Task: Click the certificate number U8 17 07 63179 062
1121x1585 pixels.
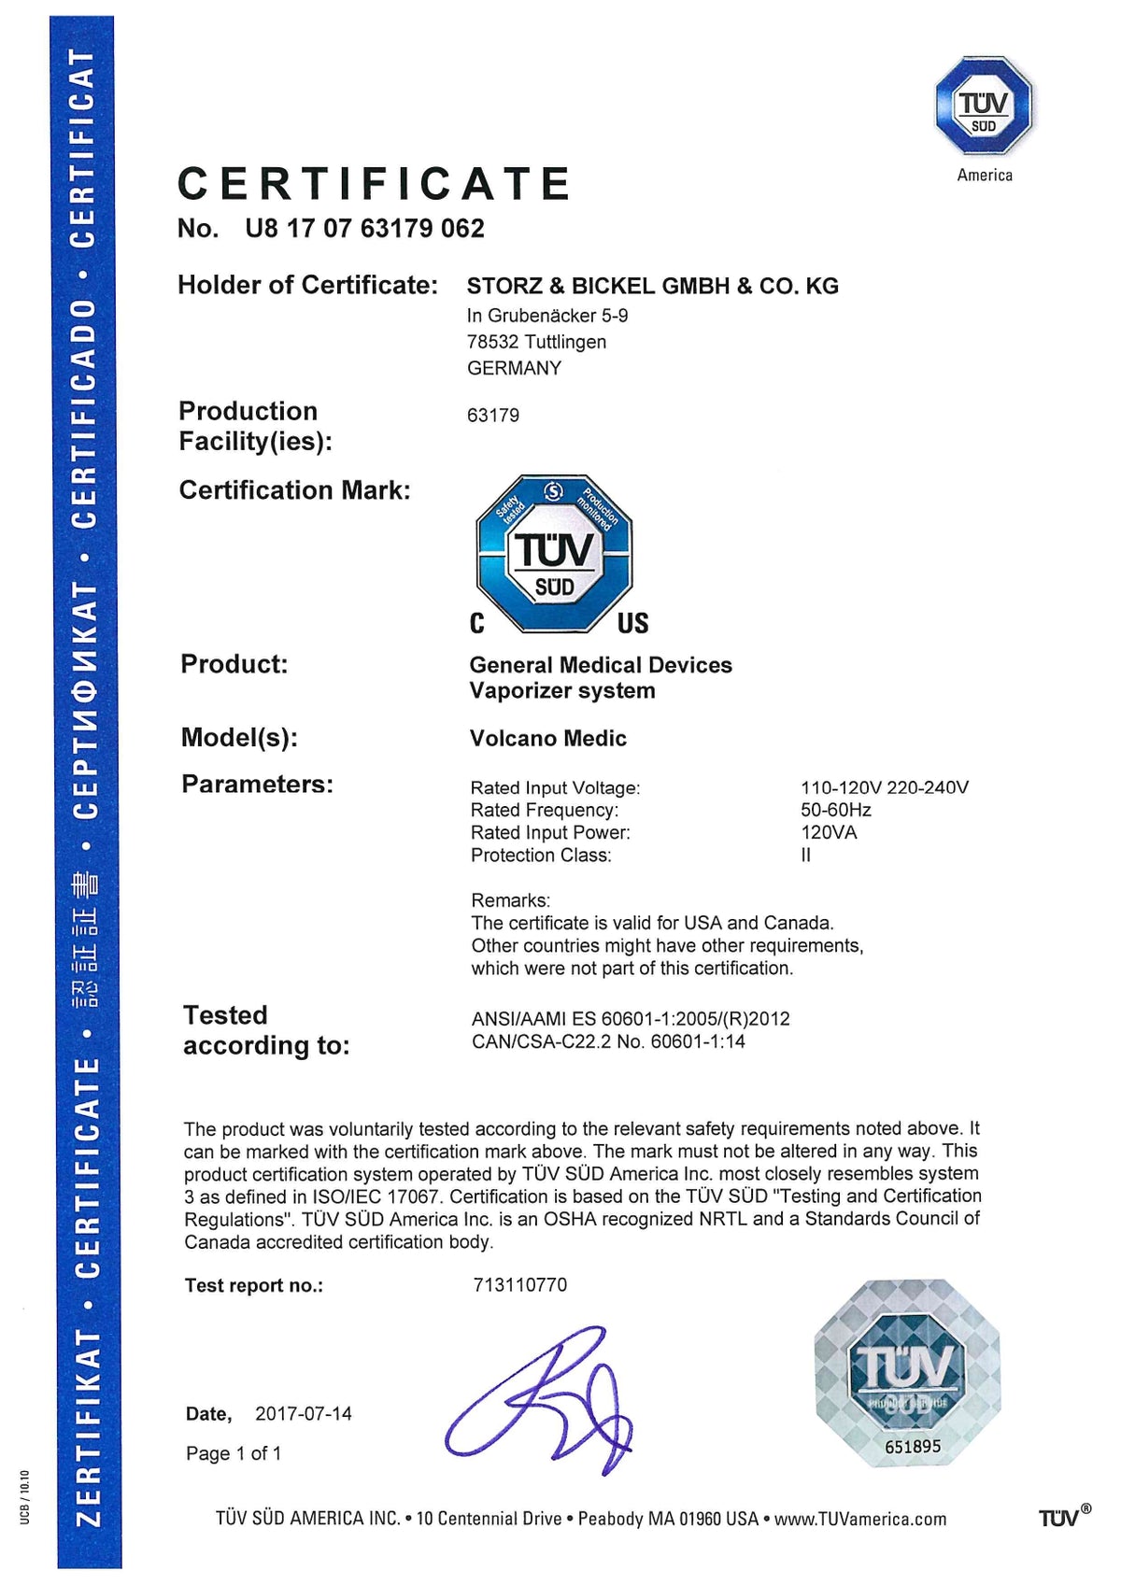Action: tap(364, 229)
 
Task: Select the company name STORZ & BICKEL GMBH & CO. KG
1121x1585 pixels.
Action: tap(652, 286)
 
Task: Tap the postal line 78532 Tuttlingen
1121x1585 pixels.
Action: tap(536, 342)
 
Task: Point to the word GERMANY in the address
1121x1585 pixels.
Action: tap(514, 368)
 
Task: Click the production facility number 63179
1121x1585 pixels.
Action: tap(493, 415)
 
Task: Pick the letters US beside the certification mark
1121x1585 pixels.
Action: tap(632, 623)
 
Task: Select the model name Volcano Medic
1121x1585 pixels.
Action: tap(547, 739)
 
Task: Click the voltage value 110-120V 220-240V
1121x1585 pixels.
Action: tap(884, 787)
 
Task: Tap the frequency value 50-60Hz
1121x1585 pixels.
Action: tap(835, 810)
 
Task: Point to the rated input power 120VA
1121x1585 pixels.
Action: tap(829, 832)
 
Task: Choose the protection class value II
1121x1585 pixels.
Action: tap(805, 855)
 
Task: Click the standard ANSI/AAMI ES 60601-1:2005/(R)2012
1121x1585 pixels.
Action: tap(631, 1018)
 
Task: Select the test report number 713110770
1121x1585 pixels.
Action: tap(519, 1285)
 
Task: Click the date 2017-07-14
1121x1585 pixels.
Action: tap(304, 1413)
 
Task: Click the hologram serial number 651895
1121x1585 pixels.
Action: tap(912, 1447)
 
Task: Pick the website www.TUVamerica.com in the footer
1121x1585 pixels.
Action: tap(859, 1519)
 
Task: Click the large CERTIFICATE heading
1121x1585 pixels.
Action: tap(374, 183)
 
